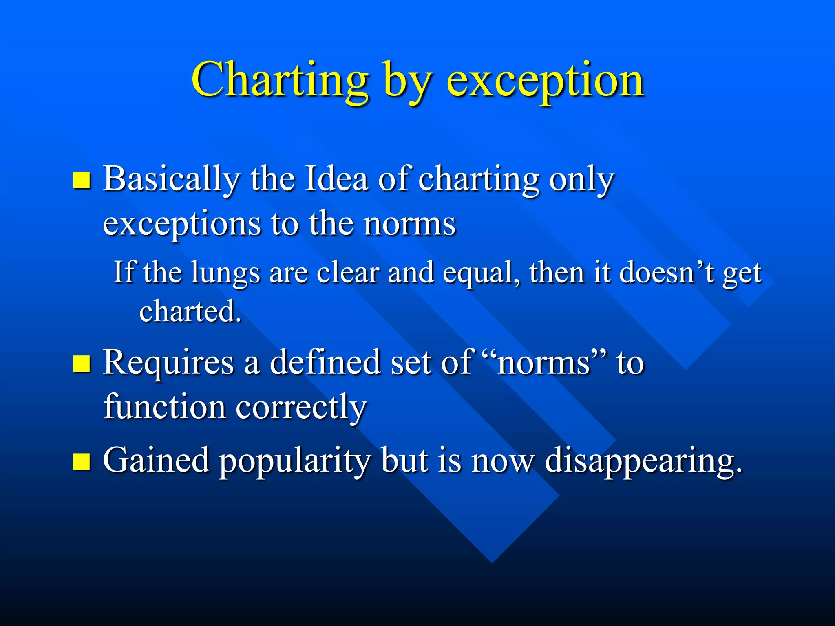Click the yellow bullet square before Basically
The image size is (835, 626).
click(x=82, y=180)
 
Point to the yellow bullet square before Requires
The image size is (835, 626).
click(x=82, y=364)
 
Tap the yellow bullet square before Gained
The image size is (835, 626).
click(x=82, y=461)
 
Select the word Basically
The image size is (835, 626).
click(x=171, y=180)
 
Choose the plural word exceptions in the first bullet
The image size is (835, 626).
click(x=181, y=225)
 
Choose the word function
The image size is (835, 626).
click(x=165, y=407)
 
